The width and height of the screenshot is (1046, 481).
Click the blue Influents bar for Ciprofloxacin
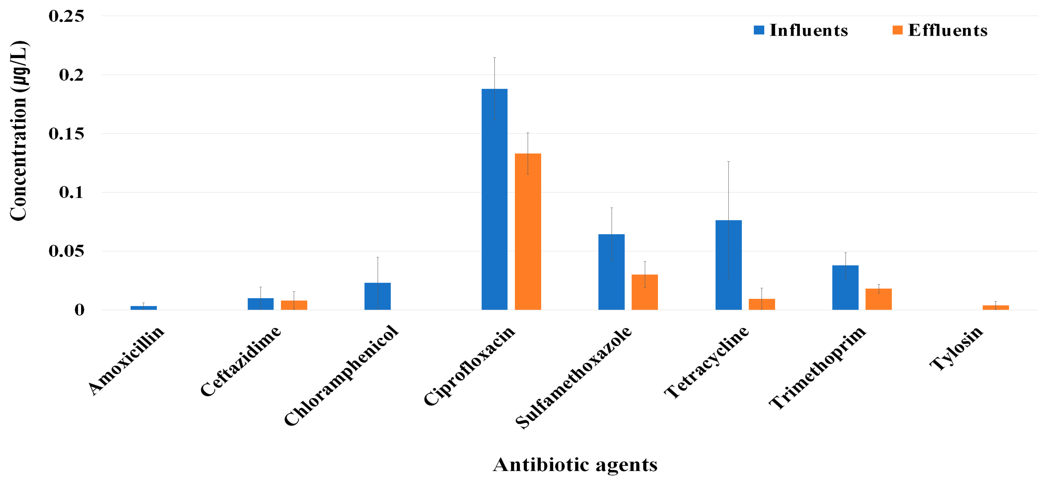pos(494,199)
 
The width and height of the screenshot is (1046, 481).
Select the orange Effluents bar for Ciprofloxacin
pos(528,232)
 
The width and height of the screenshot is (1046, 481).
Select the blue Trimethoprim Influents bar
pos(845,288)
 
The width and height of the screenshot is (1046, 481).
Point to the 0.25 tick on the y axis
pos(66,16)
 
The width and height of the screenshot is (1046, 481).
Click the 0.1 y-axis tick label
pos(71,192)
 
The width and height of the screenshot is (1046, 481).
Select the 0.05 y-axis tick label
pos(66,251)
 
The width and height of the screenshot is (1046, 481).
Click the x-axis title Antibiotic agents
pos(575,464)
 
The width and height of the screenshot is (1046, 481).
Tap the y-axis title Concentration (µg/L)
pos(18,131)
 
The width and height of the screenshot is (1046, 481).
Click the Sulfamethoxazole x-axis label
pos(573,377)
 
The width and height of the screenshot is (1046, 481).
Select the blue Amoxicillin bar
pos(143,308)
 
